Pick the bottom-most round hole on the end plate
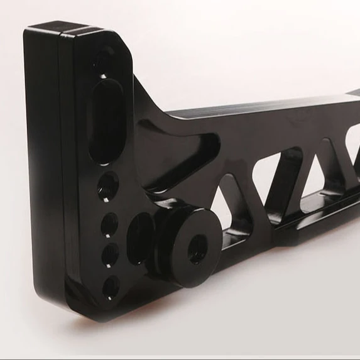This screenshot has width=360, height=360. click(x=111, y=286)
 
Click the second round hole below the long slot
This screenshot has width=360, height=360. click(x=109, y=224)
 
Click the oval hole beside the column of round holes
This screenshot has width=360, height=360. click(x=139, y=237)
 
